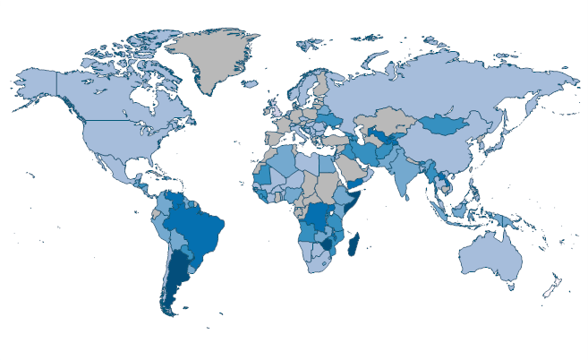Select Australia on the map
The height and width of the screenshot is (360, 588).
pyautogui.click(x=490, y=259)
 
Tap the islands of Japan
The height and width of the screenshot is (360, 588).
pyautogui.click(x=511, y=144)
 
